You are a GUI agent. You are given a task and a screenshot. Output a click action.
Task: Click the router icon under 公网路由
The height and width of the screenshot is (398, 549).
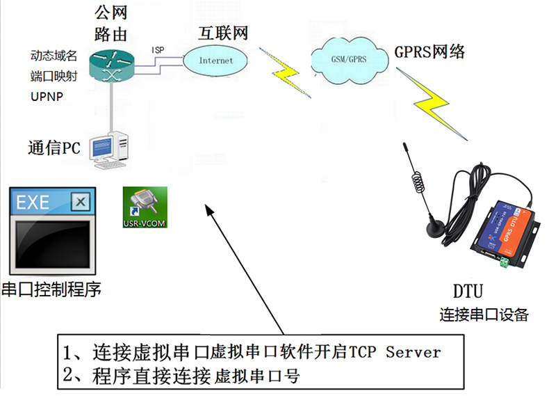[x=111, y=64]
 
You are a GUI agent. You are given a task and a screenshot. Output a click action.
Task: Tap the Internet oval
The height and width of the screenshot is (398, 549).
[x=216, y=61]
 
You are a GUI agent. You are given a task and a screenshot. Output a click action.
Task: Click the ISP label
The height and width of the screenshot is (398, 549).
[x=158, y=49]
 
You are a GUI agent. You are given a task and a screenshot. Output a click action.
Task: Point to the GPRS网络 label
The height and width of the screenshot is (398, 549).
[x=429, y=52]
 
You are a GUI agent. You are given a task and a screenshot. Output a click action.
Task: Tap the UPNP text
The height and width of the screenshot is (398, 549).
[x=47, y=96]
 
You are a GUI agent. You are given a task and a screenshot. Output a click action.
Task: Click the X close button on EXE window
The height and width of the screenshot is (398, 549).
[x=81, y=202]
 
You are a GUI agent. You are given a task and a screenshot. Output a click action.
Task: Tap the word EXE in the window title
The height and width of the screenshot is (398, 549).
[x=33, y=202]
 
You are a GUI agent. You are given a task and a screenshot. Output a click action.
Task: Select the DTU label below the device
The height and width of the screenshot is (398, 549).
[x=467, y=290]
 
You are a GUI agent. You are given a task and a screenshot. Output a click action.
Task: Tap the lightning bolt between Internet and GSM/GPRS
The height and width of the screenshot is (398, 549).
[x=285, y=72]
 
